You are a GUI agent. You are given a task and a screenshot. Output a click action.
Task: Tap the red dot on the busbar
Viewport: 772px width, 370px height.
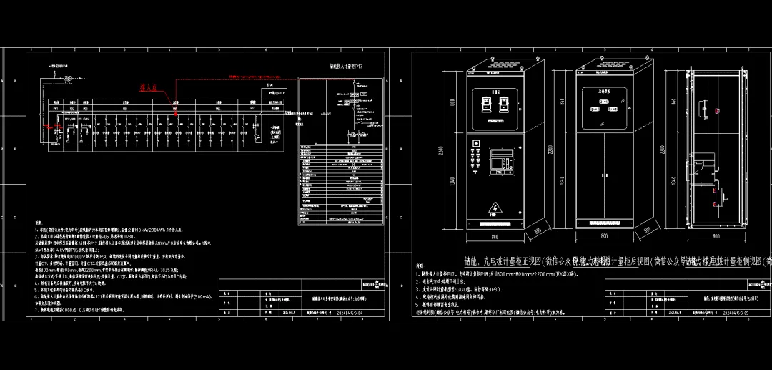point(176,113)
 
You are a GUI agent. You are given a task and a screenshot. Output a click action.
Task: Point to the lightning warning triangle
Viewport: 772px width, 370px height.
point(493,208)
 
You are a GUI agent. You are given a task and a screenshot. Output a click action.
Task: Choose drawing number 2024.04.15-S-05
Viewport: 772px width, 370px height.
point(736,313)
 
